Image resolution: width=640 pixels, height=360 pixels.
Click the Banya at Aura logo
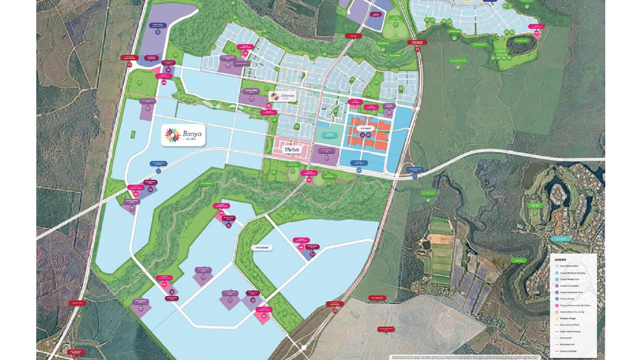184,136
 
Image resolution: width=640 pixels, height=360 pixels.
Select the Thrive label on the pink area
292,150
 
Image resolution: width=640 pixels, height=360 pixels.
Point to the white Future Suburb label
262,248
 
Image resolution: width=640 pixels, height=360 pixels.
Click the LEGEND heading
560,260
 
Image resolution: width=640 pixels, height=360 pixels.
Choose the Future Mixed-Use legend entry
570,279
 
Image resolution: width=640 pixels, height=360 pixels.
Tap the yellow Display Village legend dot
557,318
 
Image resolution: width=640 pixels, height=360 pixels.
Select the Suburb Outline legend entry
568,351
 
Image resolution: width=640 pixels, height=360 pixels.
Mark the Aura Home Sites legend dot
557,266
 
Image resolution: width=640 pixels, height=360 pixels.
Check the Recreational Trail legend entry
570,325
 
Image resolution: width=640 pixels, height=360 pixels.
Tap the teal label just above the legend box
561,239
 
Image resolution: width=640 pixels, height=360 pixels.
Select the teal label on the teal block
329,134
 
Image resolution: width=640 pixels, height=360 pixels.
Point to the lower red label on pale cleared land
386,329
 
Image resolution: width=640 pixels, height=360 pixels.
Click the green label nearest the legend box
519,261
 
